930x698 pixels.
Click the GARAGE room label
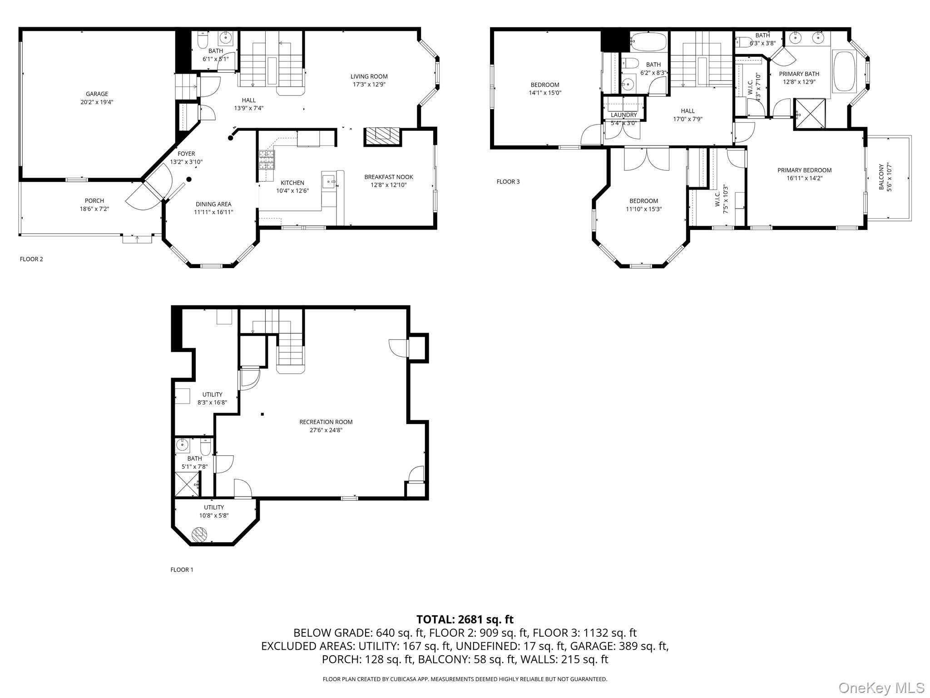point(97,94)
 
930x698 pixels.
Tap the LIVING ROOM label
point(369,76)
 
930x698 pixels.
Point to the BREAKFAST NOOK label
point(388,177)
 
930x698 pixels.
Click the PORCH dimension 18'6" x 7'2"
point(94,209)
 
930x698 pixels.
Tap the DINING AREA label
point(213,204)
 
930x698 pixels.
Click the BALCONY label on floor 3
point(881,177)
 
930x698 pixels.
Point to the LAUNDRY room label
point(623,115)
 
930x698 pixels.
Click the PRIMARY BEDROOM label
point(804,170)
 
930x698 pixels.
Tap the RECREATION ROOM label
point(326,422)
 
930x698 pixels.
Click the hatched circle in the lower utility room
point(199,534)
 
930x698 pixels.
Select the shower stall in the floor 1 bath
point(187,484)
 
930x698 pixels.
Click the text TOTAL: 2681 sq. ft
point(465,619)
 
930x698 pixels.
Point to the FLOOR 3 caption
point(508,182)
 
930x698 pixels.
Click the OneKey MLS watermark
point(881,688)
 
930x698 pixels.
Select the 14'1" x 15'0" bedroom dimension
point(545,93)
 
